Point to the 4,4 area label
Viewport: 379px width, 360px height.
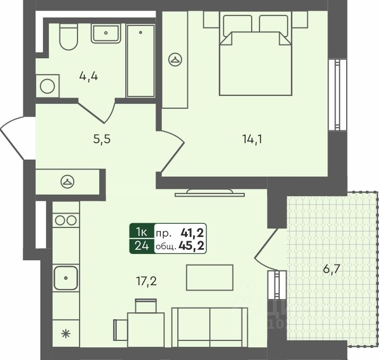[x=89, y=76]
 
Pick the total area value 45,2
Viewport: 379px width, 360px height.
[x=193, y=245]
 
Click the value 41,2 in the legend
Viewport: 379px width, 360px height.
[x=193, y=232]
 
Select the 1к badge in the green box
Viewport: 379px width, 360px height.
[x=142, y=232]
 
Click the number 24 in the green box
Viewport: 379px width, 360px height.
[x=142, y=245]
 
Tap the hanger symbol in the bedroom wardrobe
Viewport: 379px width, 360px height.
[x=175, y=60]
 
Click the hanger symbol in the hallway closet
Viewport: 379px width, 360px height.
[x=67, y=181]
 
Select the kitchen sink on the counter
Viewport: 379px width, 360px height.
[x=65, y=277]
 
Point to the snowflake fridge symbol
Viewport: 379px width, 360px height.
[x=65, y=333]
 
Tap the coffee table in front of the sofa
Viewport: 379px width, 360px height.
[x=209, y=276]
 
